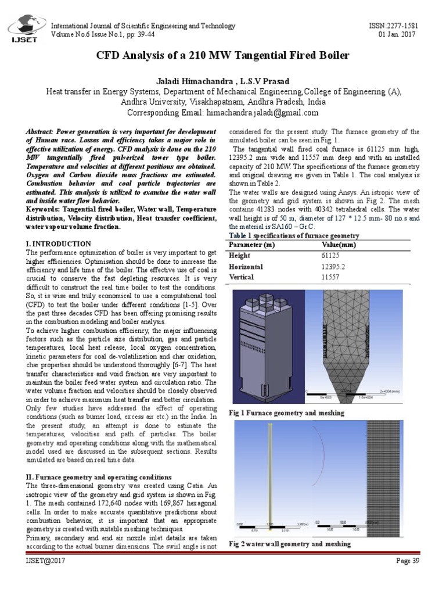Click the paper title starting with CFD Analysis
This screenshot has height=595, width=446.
[x=223, y=56]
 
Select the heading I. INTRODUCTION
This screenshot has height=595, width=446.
[x=58, y=243]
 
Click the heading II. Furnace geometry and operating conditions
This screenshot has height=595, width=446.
[x=98, y=476]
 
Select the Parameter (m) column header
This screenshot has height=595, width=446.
[x=252, y=245]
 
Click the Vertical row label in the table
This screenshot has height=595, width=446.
[x=242, y=277]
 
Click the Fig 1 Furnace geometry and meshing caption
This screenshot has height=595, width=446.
[x=286, y=413]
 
